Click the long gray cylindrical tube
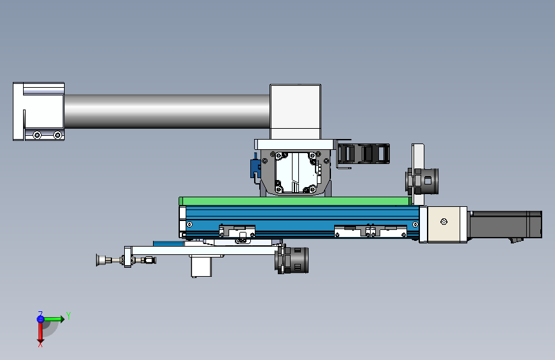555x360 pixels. pos(166,111)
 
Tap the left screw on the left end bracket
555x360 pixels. pos(37,135)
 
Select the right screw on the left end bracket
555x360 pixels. pos(58,135)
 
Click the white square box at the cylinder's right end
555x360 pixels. pos(295,112)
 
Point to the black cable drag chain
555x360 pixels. pos(364,154)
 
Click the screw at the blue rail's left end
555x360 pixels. pos(189,224)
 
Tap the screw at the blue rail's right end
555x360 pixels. pos(415,224)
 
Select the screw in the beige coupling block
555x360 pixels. pos(444,222)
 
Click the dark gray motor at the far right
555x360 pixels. pos(506,225)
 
